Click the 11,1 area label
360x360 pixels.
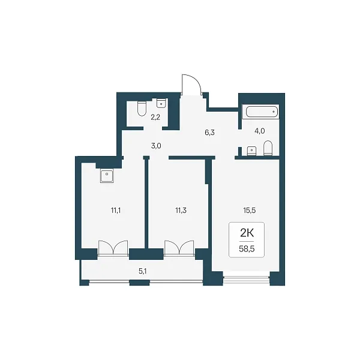point(116,210)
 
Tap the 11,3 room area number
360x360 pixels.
point(181,210)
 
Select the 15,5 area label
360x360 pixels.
point(250,210)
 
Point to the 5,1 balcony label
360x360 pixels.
point(143,271)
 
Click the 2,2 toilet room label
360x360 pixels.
point(155,118)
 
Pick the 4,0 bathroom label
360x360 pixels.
point(260,131)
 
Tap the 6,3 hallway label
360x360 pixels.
point(209,133)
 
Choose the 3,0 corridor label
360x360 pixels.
point(156,146)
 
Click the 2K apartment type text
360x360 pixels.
point(247,233)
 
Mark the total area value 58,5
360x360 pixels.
point(247,249)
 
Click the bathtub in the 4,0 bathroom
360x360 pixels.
point(262,112)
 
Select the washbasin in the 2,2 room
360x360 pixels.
point(161,103)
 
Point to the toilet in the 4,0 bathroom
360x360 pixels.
point(268,148)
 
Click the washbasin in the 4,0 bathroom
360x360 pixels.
point(252,151)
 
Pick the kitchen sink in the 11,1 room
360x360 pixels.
point(107,176)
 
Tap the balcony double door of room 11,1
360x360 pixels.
point(113,248)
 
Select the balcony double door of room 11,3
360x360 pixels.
point(179,248)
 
